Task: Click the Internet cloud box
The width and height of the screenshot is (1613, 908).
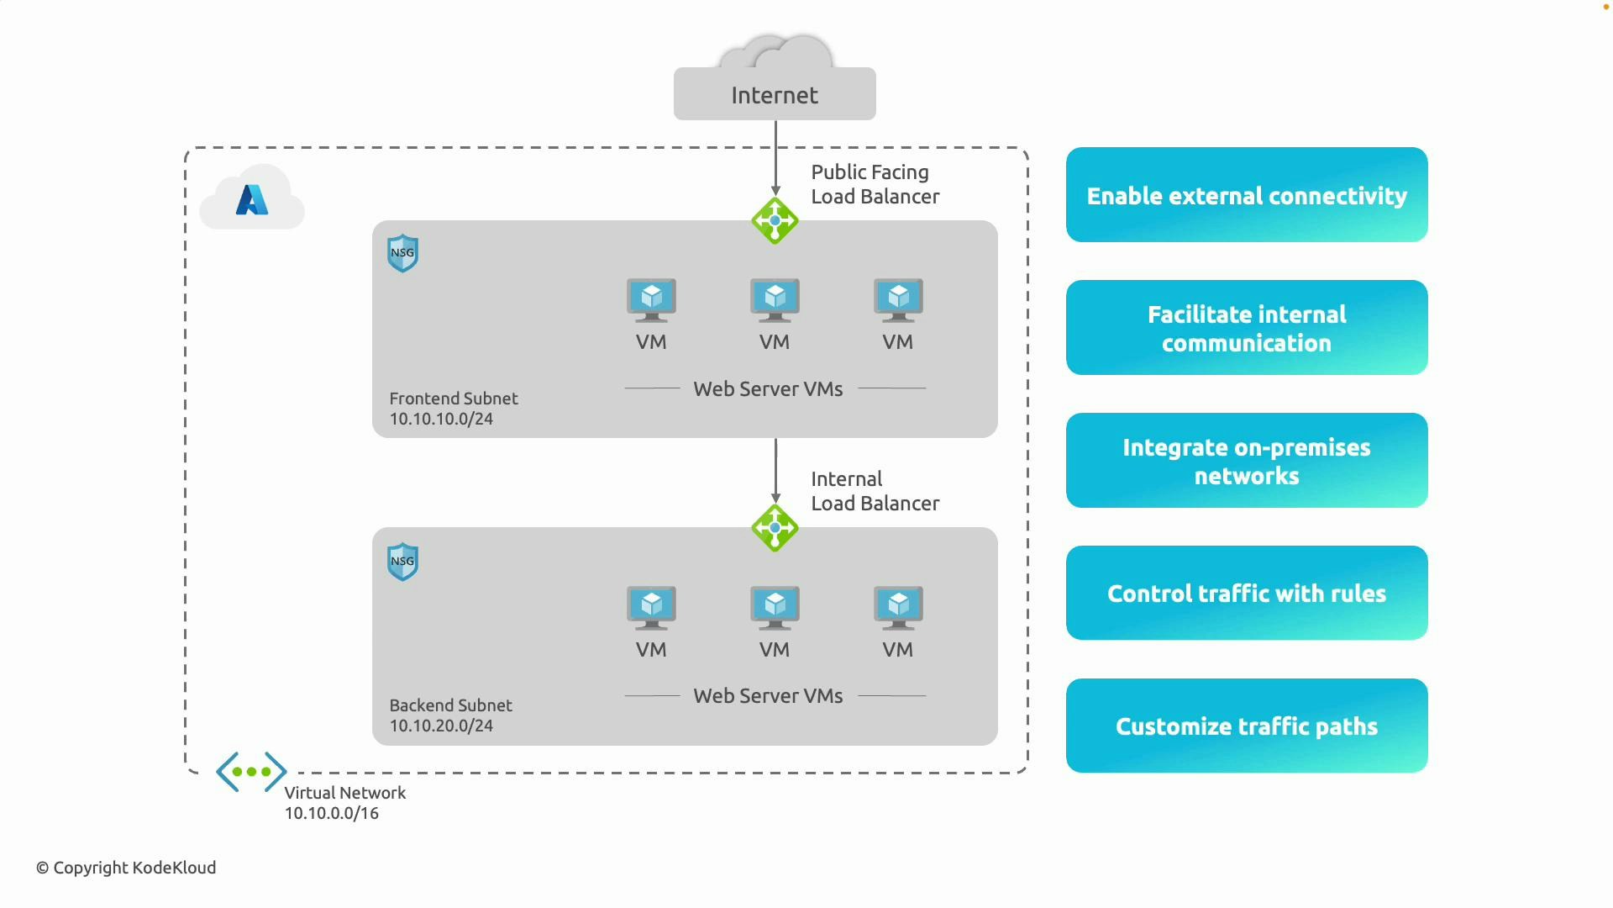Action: click(x=775, y=93)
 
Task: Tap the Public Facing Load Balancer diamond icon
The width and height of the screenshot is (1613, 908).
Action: click(x=775, y=221)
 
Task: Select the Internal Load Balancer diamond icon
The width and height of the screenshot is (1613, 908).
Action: click(x=775, y=528)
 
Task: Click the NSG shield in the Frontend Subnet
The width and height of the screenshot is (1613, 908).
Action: click(x=402, y=253)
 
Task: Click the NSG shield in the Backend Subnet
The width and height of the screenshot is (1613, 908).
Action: click(x=402, y=562)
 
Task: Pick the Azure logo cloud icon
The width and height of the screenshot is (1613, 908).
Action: click(x=252, y=198)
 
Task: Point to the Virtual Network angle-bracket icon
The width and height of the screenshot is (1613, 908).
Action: click(x=251, y=771)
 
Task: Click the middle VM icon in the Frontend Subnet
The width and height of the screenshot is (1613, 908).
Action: click(x=775, y=300)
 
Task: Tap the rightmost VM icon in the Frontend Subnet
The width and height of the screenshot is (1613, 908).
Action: click(x=898, y=300)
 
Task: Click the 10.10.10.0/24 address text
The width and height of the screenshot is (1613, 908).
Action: click(x=441, y=419)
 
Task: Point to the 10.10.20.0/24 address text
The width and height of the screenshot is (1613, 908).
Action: click(x=441, y=726)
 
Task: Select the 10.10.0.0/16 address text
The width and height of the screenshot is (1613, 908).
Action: click(x=332, y=813)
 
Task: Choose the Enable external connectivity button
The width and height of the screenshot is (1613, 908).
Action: click(x=1247, y=195)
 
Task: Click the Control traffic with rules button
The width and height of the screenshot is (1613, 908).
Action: click(x=1247, y=593)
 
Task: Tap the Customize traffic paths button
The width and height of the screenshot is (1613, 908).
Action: click(x=1247, y=726)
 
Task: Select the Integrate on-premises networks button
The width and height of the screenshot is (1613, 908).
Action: click(x=1247, y=461)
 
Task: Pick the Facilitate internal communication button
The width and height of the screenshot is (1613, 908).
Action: click(x=1247, y=328)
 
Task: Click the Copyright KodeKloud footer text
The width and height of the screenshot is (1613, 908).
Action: click(x=126, y=868)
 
